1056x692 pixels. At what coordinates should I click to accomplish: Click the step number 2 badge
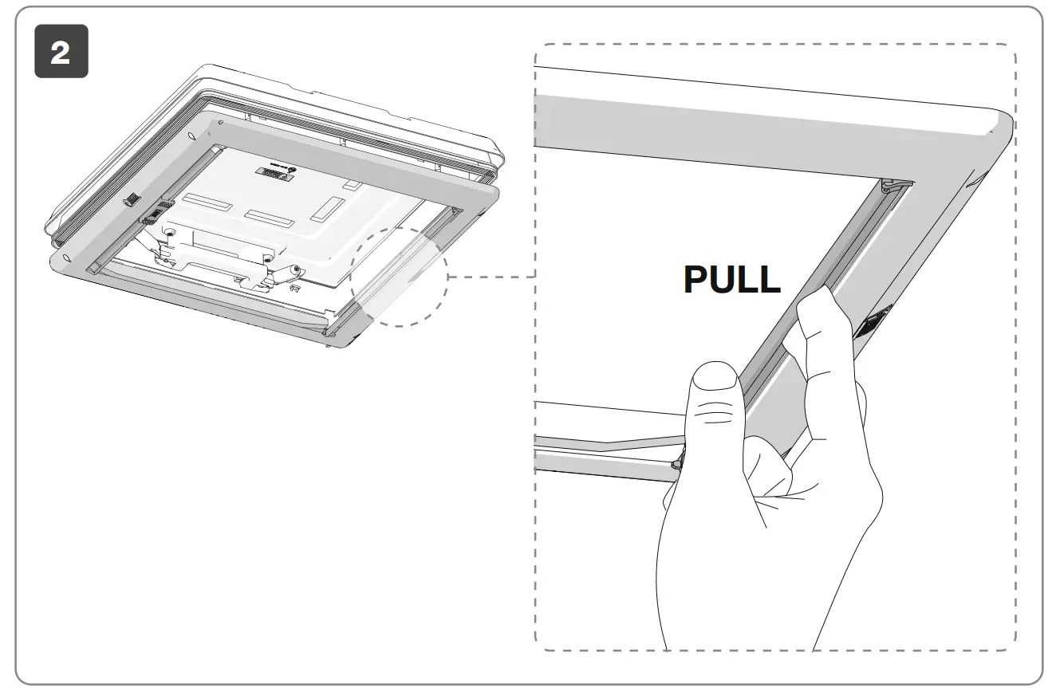[x=61, y=52]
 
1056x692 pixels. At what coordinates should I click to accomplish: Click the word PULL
[x=732, y=279]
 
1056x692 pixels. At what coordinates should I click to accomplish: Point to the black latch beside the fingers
[x=873, y=325]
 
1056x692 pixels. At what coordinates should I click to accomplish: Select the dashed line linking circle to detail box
[x=491, y=277]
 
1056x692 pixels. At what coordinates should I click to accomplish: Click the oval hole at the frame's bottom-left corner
[x=60, y=258]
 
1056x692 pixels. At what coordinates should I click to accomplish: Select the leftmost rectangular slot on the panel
[x=206, y=201]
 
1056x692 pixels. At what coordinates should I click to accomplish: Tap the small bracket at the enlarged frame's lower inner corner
[x=677, y=462]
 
